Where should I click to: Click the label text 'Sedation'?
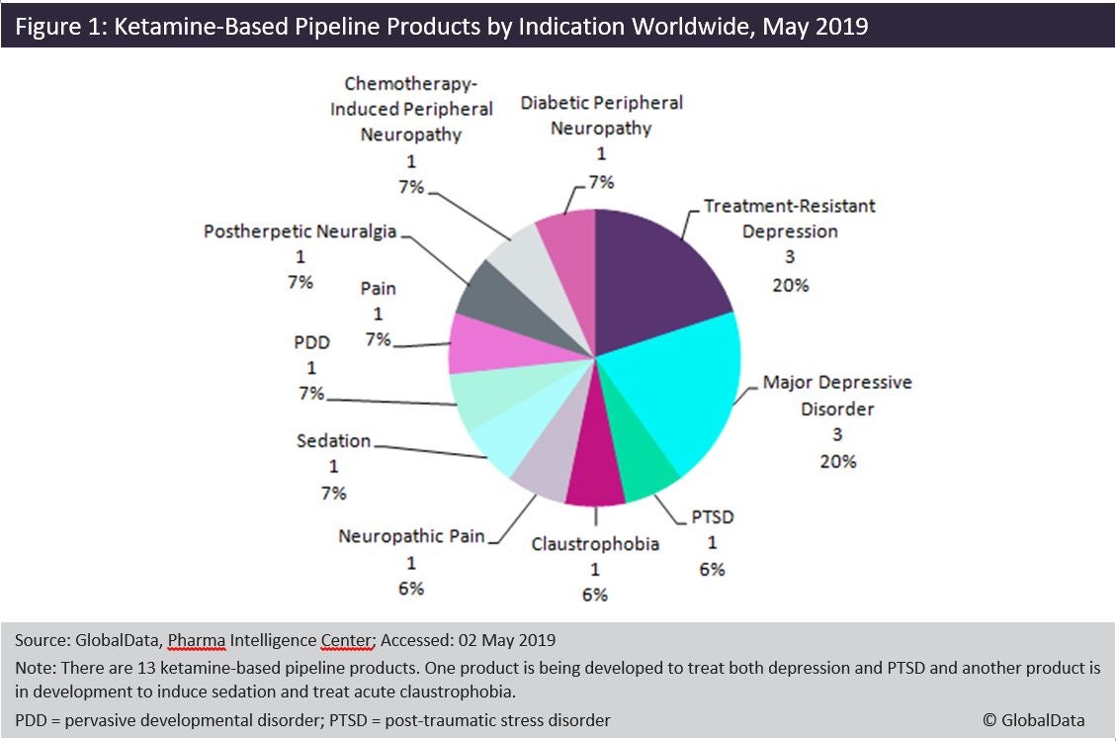[x=333, y=440]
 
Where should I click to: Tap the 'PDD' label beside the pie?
[x=311, y=342]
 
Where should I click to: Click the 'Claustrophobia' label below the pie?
[x=595, y=543]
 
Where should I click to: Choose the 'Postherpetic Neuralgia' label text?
[x=300, y=232]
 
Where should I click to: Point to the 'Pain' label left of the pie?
[x=378, y=288]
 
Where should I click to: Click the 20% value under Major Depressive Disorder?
[x=837, y=461]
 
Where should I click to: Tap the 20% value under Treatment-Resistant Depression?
[x=790, y=285]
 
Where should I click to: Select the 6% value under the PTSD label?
[x=712, y=569]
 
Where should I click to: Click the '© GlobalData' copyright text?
[x=1033, y=720]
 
